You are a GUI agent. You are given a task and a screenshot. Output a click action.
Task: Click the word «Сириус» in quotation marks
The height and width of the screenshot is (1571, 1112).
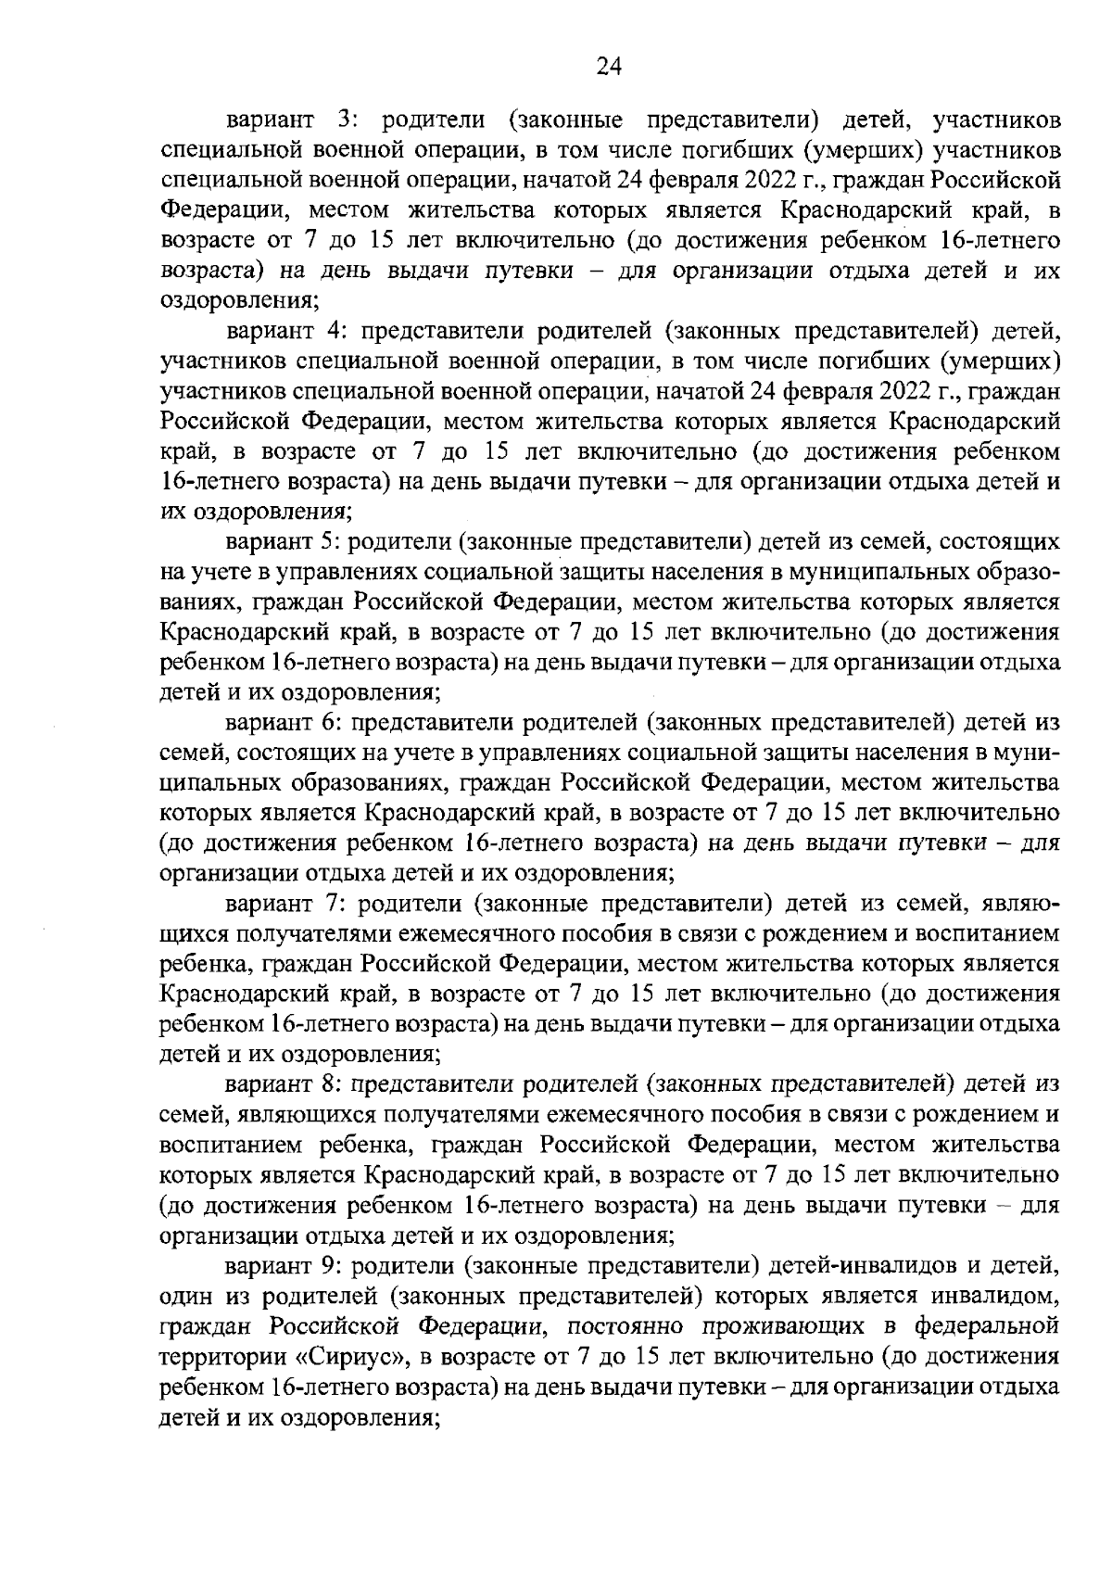click(357, 1355)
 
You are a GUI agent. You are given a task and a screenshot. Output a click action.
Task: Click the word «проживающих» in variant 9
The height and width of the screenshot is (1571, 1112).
click(778, 1324)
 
